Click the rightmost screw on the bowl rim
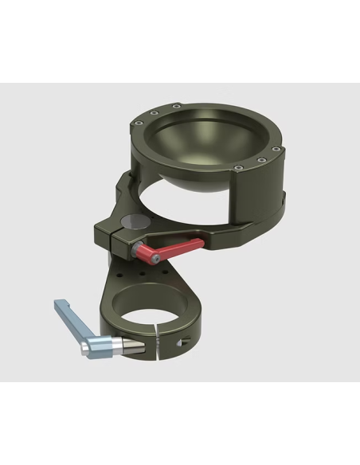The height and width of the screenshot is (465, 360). pyautogui.click(x=275, y=148)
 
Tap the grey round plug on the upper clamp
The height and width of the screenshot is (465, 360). pyautogui.click(x=131, y=221)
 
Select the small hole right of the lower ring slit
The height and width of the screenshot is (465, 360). pyautogui.click(x=182, y=343)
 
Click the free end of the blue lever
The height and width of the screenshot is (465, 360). pyautogui.click(x=57, y=305)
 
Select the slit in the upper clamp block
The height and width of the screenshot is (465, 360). pyautogui.click(x=118, y=232)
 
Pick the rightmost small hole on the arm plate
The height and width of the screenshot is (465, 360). pyautogui.click(x=167, y=271)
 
